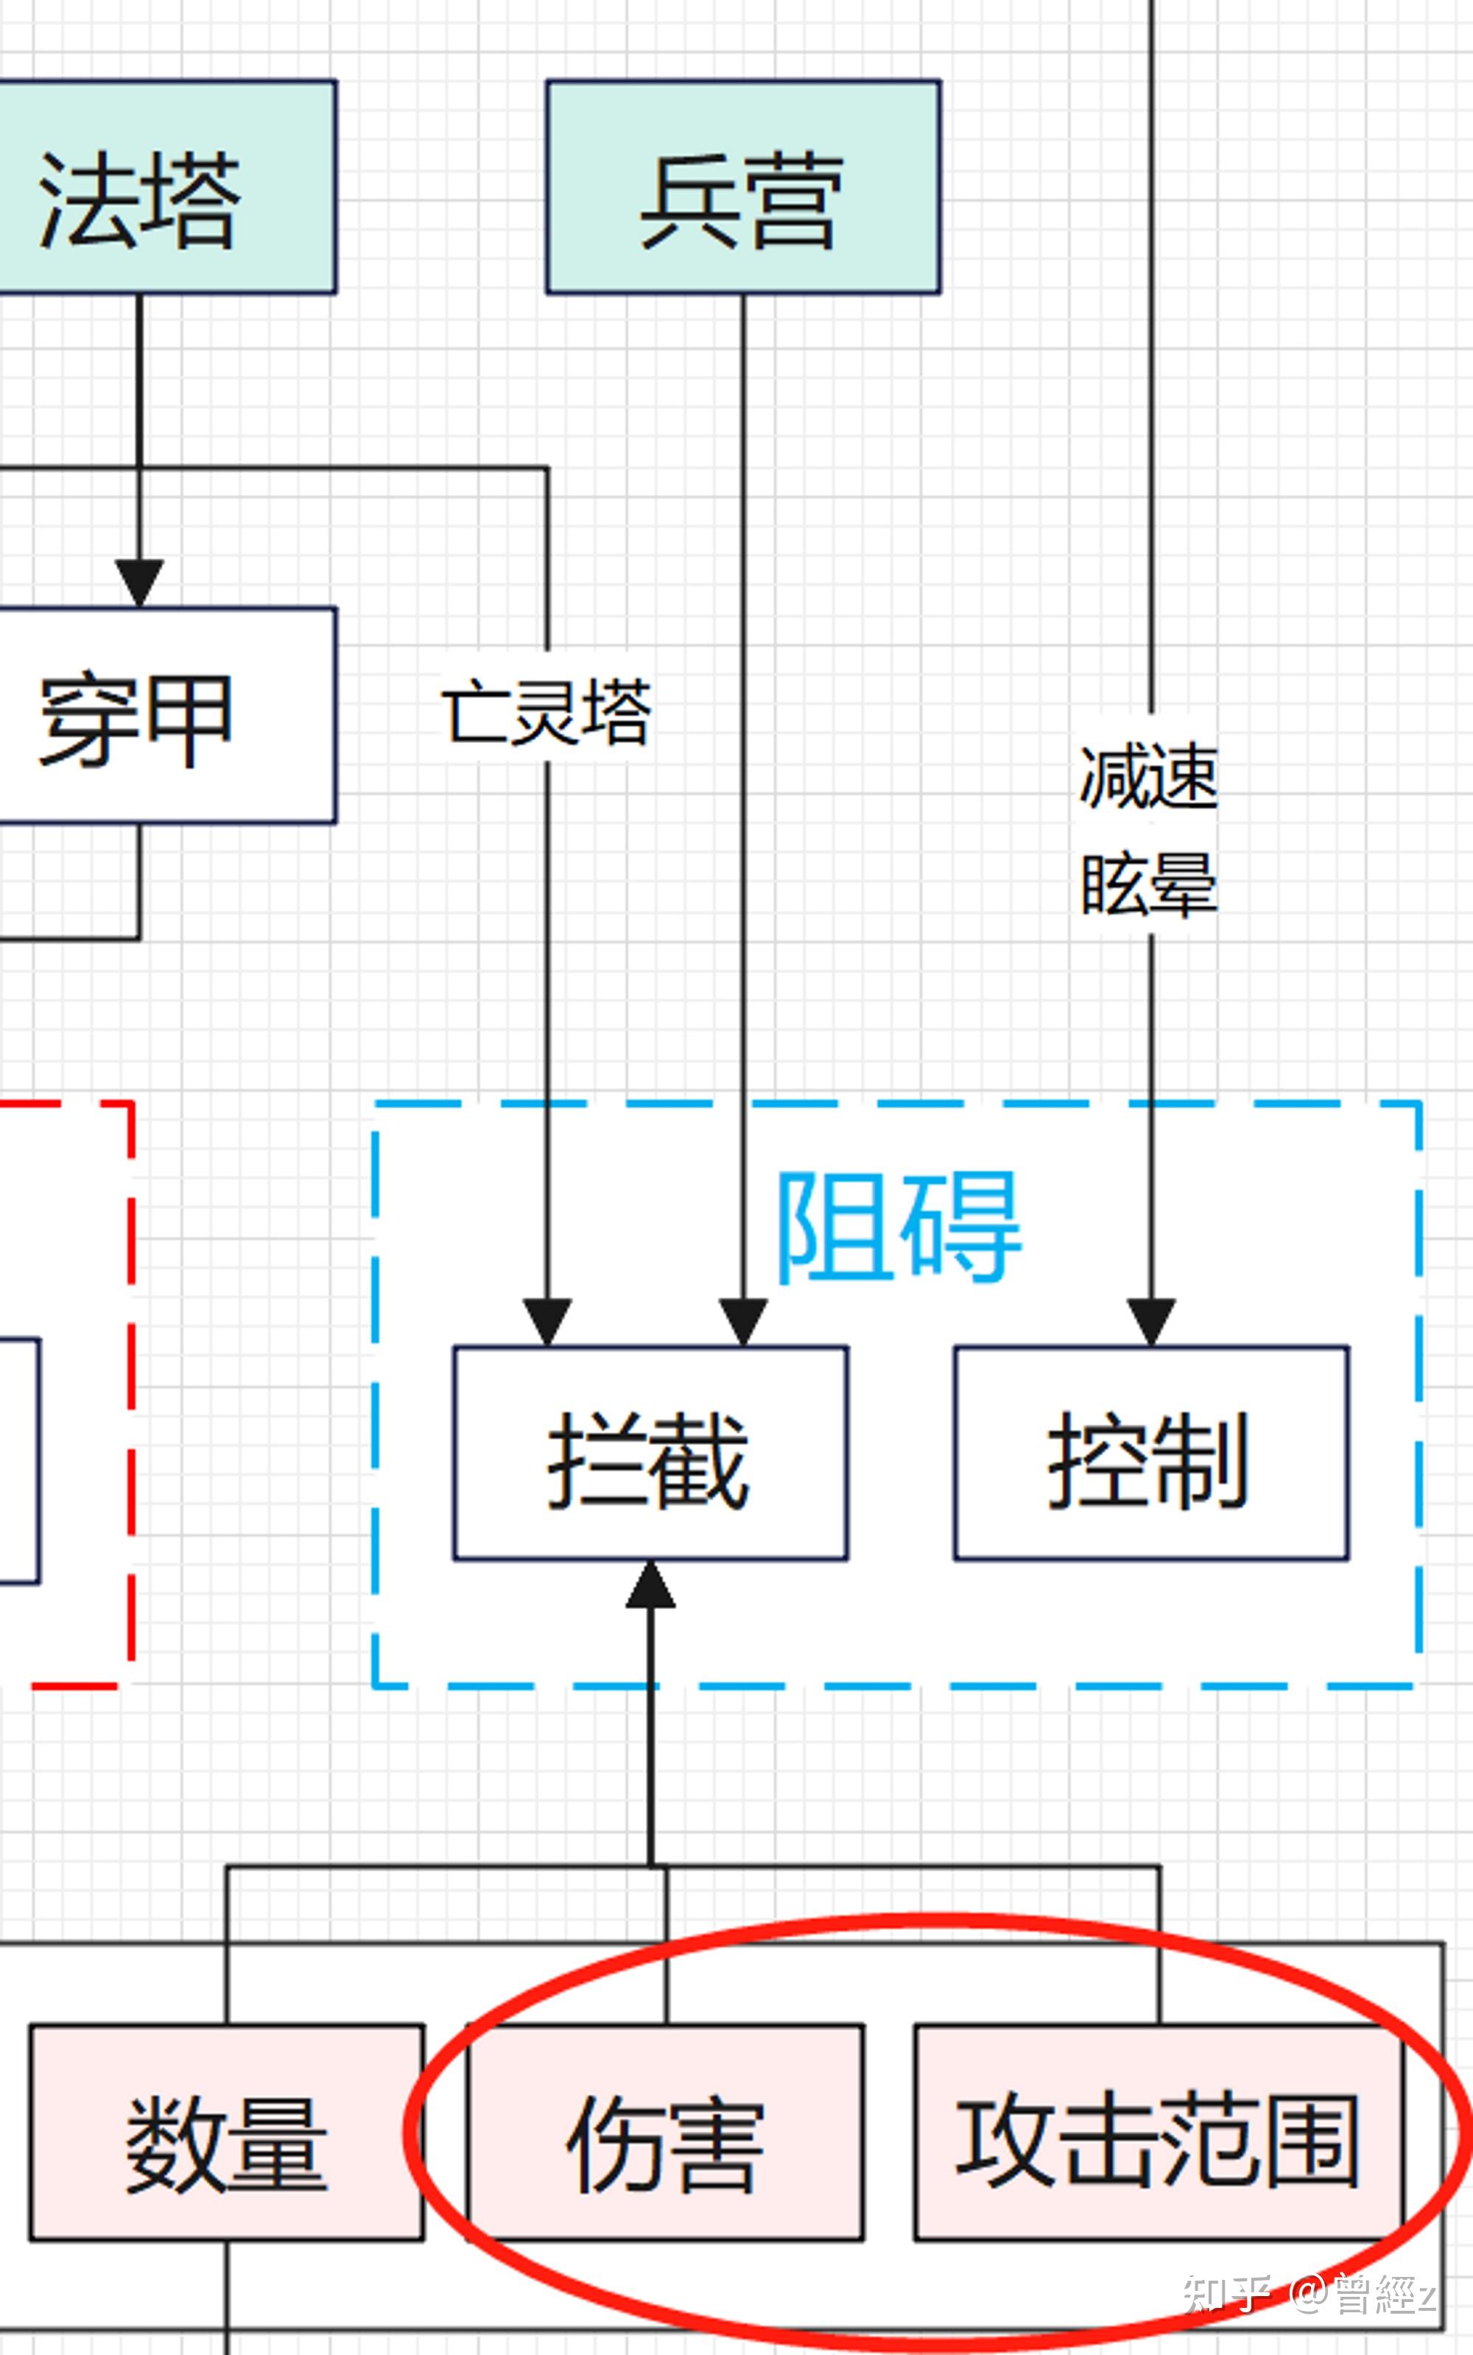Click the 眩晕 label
(1150, 884)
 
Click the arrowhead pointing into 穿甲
(139, 582)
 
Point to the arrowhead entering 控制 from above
(1150, 1322)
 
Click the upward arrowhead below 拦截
(650, 1585)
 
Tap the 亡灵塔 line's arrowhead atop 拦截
(546, 1322)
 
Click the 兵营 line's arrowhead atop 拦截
(743, 1322)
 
